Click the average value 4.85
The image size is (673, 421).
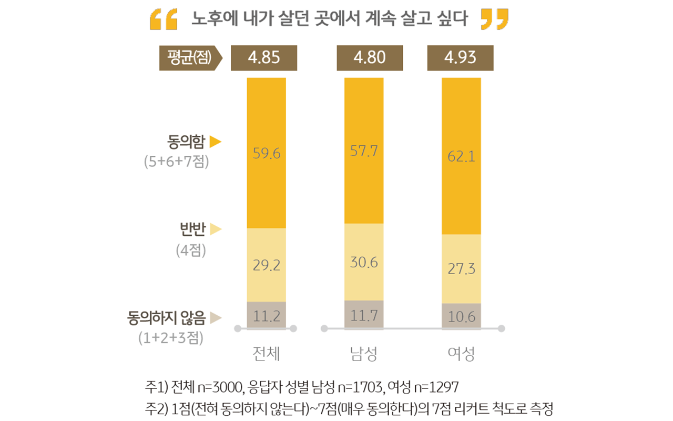tap(264, 58)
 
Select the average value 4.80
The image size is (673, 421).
tap(370, 58)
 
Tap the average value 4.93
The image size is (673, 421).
tap(460, 58)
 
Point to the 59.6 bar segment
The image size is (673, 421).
tap(267, 153)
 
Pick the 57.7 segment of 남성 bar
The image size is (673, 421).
tap(364, 151)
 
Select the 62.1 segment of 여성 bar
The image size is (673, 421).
tap(461, 156)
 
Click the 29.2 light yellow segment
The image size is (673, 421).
tap(267, 265)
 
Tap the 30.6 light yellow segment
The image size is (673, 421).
tap(364, 262)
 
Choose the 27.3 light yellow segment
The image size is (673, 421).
tap(461, 268)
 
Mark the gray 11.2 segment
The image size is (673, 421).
tap(267, 315)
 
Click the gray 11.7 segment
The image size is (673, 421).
tap(364, 315)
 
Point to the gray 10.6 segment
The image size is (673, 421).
tap(461, 316)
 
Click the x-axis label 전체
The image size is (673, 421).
tap(266, 354)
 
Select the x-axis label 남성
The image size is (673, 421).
tap(363, 354)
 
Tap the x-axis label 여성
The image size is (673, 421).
tap(461, 354)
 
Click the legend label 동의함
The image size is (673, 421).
tap(186, 142)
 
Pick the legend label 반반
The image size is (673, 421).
tap(191, 229)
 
